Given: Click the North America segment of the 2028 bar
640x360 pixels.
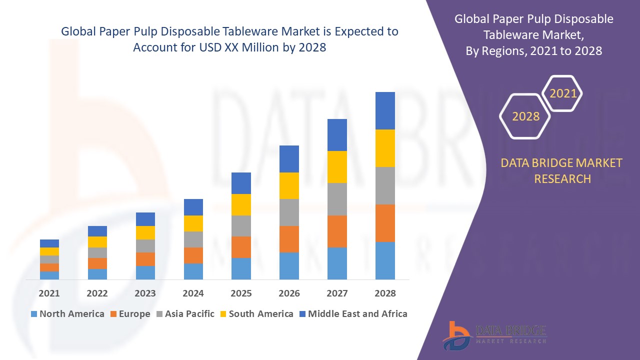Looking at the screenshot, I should [x=385, y=260].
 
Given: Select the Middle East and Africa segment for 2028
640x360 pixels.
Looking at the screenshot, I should [x=385, y=110].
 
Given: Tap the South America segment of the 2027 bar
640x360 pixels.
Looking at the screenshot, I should [x=337, y=167].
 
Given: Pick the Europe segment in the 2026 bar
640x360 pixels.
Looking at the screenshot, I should [x=289, y=239].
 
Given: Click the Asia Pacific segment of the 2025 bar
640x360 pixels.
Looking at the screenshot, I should [x=241, y=226].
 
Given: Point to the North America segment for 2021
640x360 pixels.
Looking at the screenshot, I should [x=49, y=275].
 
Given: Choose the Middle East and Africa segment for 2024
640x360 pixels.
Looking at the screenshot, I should [x=193, y=207].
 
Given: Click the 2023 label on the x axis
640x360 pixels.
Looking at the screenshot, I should [x=145, y=293].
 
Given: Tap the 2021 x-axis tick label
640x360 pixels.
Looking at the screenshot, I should [x=49, y=293].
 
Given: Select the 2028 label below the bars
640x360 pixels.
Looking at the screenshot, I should [x=385, y=293].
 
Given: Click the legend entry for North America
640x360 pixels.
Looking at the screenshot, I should [x=67, y=314].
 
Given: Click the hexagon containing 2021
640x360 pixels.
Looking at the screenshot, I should [x=563, y=93].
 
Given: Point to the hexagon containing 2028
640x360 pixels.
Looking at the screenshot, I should [x=525, y=116].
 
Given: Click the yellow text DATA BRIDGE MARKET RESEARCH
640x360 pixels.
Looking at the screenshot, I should [x=562, y=170].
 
